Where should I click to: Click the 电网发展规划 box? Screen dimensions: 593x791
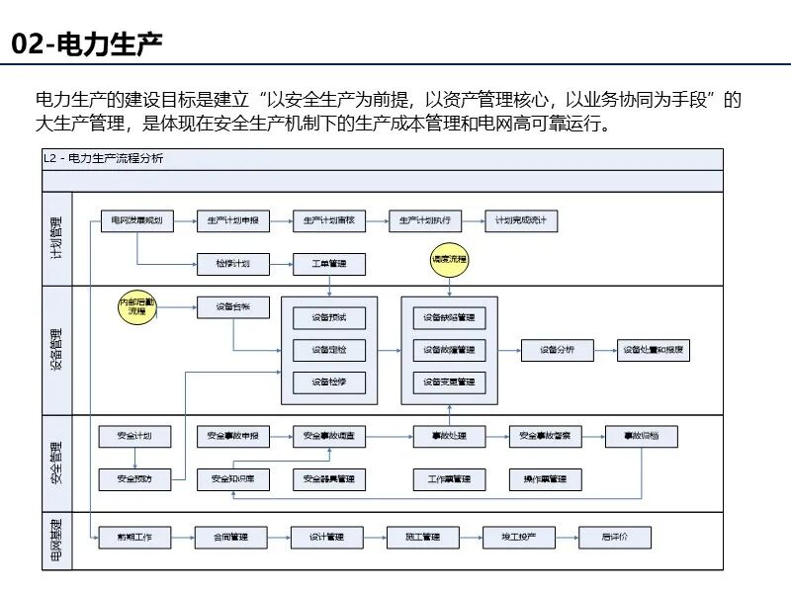pyautogui.click(x=137, y=221)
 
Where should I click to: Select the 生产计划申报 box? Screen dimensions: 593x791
pyautogui.click(x=232, y=221)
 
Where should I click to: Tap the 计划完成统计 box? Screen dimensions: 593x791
pyautogui.click(x=521, y=221)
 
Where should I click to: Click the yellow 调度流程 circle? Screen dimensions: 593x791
pyautogui.click(x=450, y=259)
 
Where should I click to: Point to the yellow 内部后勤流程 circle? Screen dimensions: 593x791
pyautogui.click(x=137, y=307)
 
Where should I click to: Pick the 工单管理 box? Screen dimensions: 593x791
pyautogui.click(x=329, y=264)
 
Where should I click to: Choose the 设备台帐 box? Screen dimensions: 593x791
pyautogui.click(x=232, y=307)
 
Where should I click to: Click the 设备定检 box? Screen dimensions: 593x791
pyautogui.click(x=329, y=350)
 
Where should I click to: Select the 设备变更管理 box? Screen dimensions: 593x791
pyautogui.click(x=449, y=381)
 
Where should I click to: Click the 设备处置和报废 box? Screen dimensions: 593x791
pyautogui.click(x=654, y=350)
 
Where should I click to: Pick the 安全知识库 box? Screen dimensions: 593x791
pyautogui.click(x=232, y=479)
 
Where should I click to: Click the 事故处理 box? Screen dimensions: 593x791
pyautogui.click(x=449, y=436)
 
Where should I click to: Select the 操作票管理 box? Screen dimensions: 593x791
pyautogui.click(x=545, y=479)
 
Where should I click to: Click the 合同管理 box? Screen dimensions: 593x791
pyautogui.click(x=232, y=538)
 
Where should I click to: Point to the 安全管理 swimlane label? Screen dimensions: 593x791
pyautogui.click(x=56, y=465)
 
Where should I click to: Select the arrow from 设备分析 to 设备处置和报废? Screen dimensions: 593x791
pyautogui.click(x=604, y=350)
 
